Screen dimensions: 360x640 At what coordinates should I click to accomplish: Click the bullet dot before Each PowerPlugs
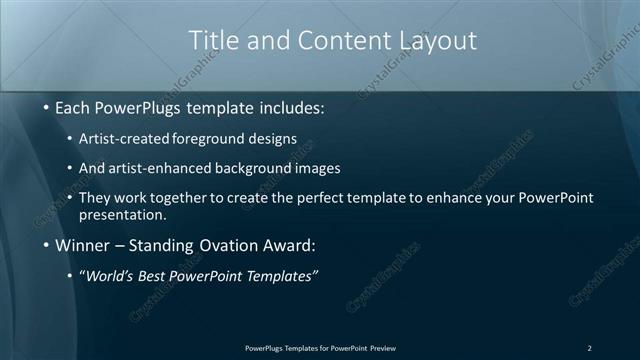tap(47, 107)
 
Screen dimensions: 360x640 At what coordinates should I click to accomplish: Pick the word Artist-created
tap(124, 138)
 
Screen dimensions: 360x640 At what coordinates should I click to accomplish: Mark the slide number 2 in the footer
tap(589, 347)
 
